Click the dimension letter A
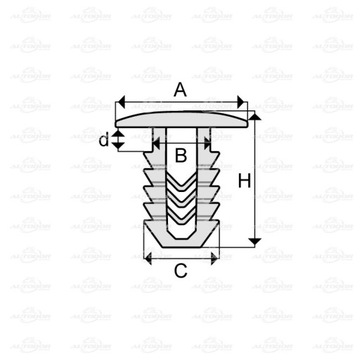point(180,89)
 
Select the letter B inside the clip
point(180,155)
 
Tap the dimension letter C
point(180,270)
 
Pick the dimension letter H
point(270,180)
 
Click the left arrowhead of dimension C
point(150,257)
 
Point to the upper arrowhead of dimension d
point(119,128)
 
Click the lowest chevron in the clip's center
point(180,222)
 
